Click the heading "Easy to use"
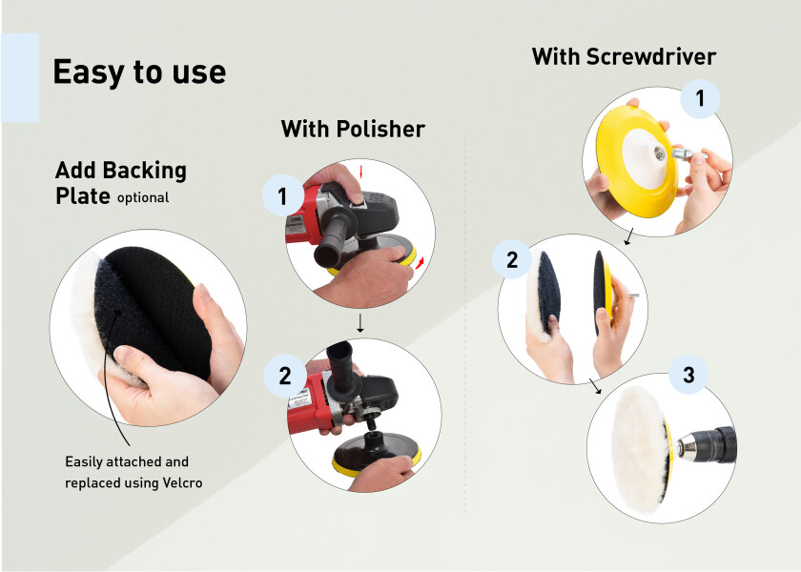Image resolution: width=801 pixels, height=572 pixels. coord(139,72)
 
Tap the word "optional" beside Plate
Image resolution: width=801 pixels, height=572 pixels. coord(143,198)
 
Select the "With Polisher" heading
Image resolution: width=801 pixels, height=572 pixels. coord(353,129)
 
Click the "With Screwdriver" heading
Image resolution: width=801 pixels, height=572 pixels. coord(624,56)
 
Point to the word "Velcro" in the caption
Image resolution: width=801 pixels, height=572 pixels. coord(182,482)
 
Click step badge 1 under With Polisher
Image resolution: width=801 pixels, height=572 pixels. coord(282,195)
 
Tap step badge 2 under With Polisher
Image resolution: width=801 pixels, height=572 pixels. coord(284,376)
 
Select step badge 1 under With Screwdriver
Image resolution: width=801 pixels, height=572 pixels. coord(700,98)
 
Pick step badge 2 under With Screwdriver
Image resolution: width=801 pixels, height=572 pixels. coord(512,259)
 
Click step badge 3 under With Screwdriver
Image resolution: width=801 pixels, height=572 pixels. coord(688,375)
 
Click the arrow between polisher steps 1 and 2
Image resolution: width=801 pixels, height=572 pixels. coord(360,323)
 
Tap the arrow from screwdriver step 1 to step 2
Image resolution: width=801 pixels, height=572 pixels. coord(629,236)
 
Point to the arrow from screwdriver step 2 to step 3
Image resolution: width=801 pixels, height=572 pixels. coord(595,386)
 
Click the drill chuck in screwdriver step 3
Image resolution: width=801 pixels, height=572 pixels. coord(707,444)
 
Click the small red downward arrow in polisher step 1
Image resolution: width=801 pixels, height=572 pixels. coord(360,172)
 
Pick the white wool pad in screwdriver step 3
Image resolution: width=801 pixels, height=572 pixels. coord(638,448)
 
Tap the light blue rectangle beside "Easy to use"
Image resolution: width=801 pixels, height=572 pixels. coord(20,77)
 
